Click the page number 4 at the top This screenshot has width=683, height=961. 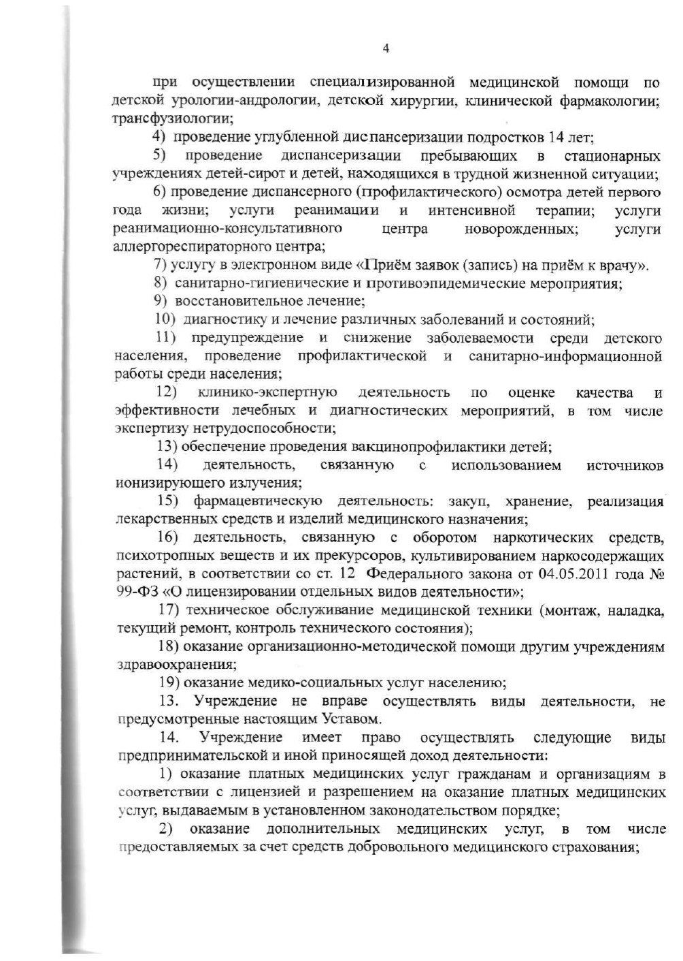pyautogui.click(x=386, y=48)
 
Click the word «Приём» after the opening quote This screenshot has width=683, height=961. pyautogui.click(x=386, y=265)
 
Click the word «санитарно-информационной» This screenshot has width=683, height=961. pyautogui.click(x=565, y=356)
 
